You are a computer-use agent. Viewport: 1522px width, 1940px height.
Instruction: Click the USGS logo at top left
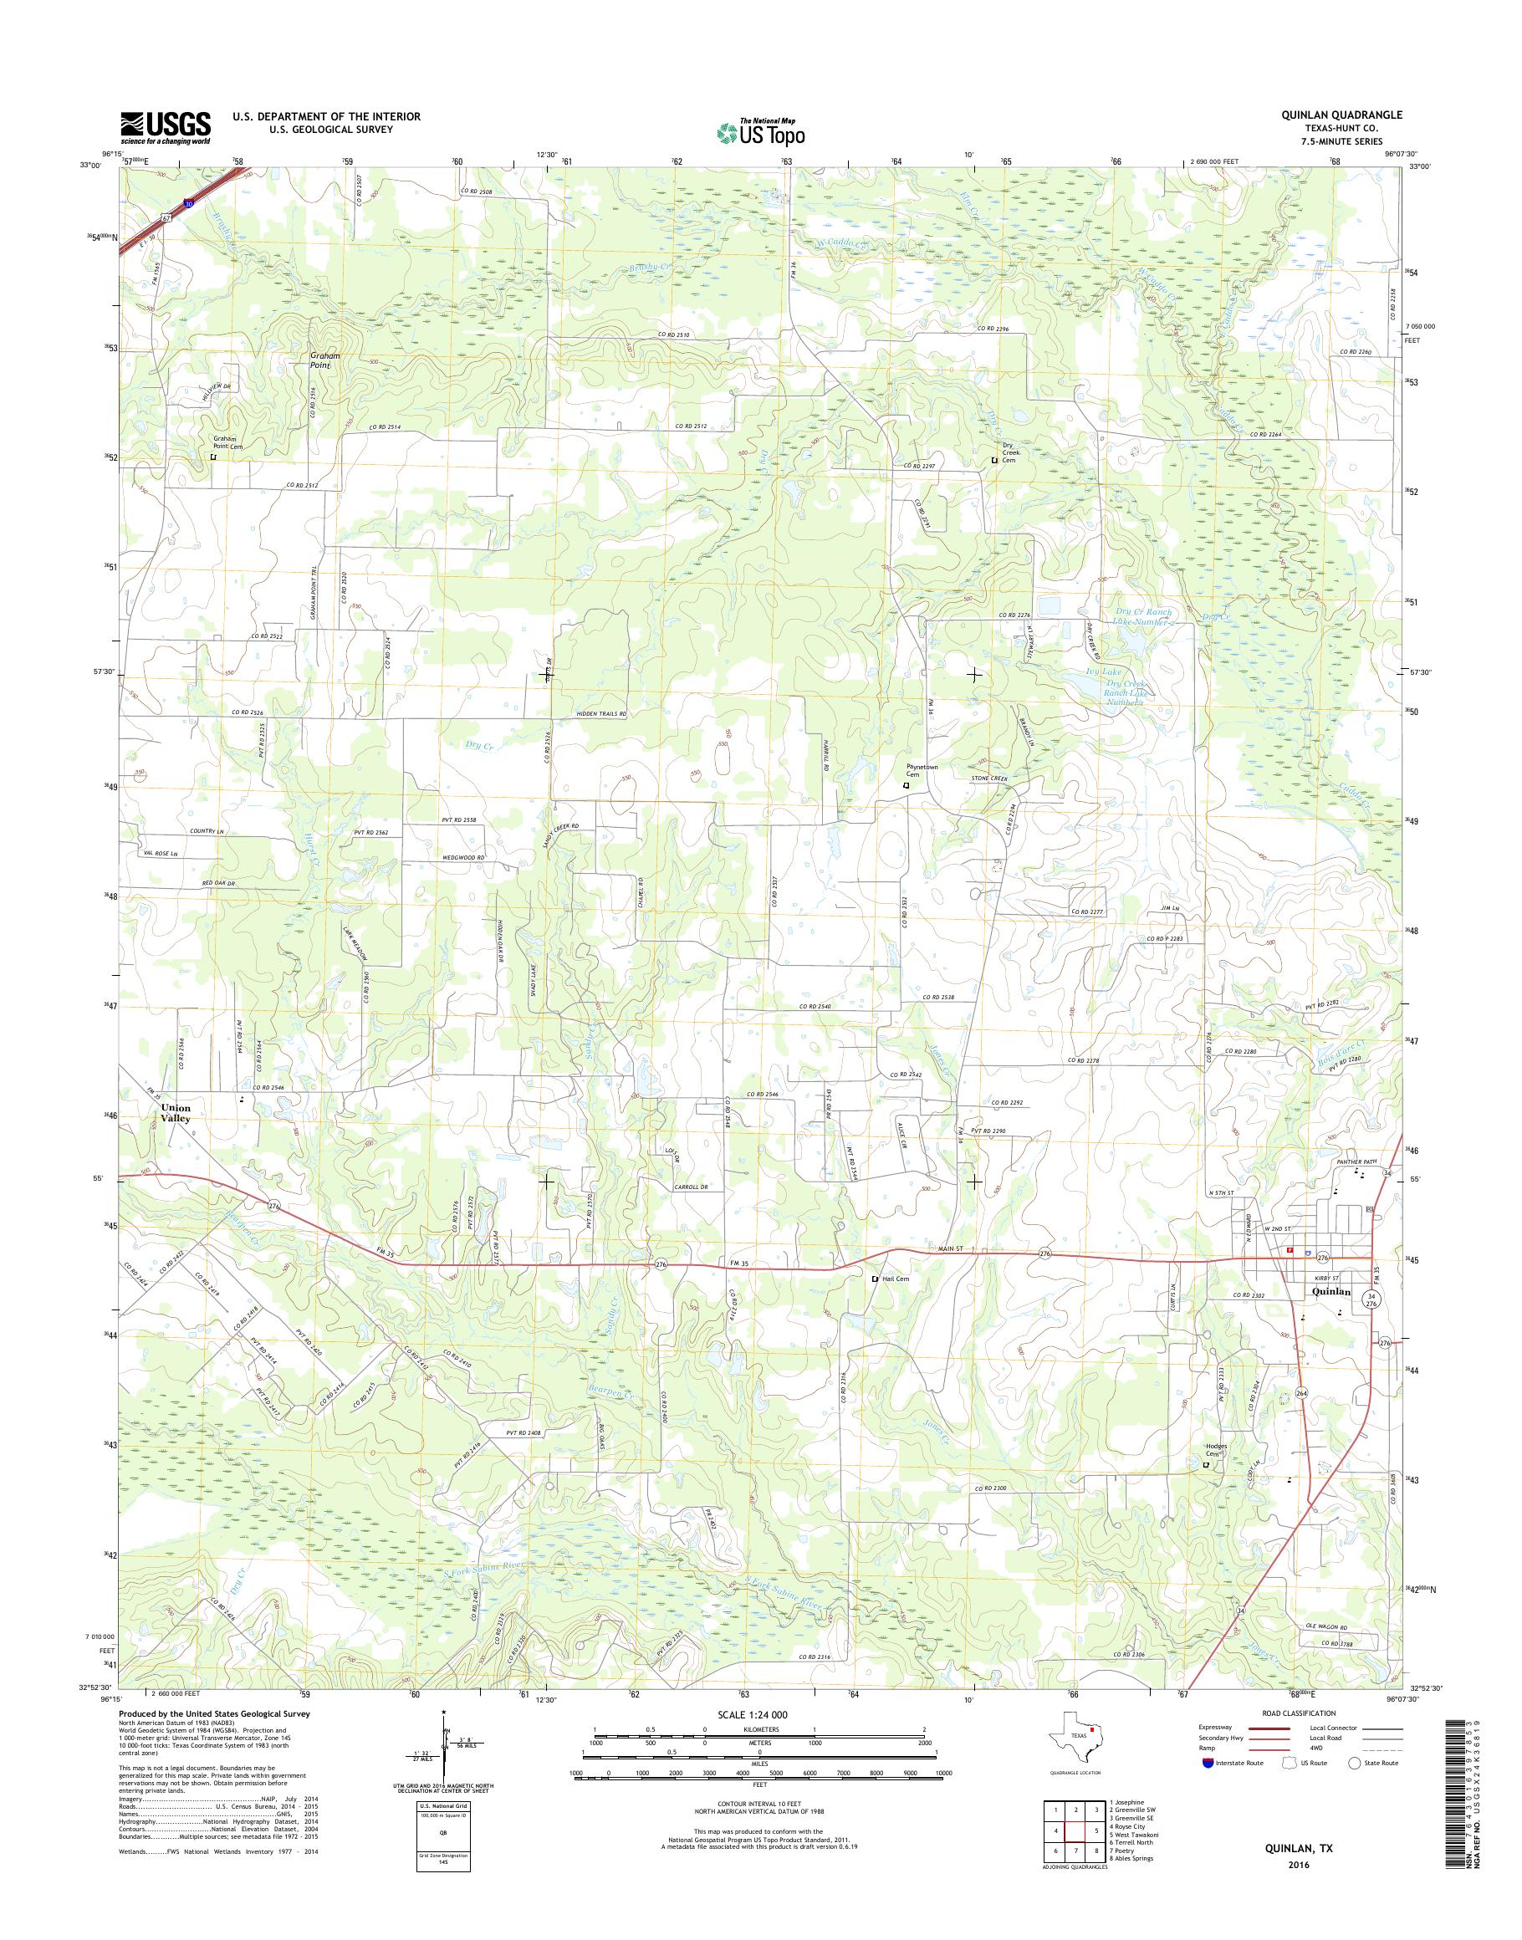(166, 127)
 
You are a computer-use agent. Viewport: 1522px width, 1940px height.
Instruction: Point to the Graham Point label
(324, 360)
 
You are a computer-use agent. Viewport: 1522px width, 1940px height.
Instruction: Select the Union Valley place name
(176, 1113)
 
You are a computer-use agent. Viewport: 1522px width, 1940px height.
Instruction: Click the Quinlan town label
(1332, 1290)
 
